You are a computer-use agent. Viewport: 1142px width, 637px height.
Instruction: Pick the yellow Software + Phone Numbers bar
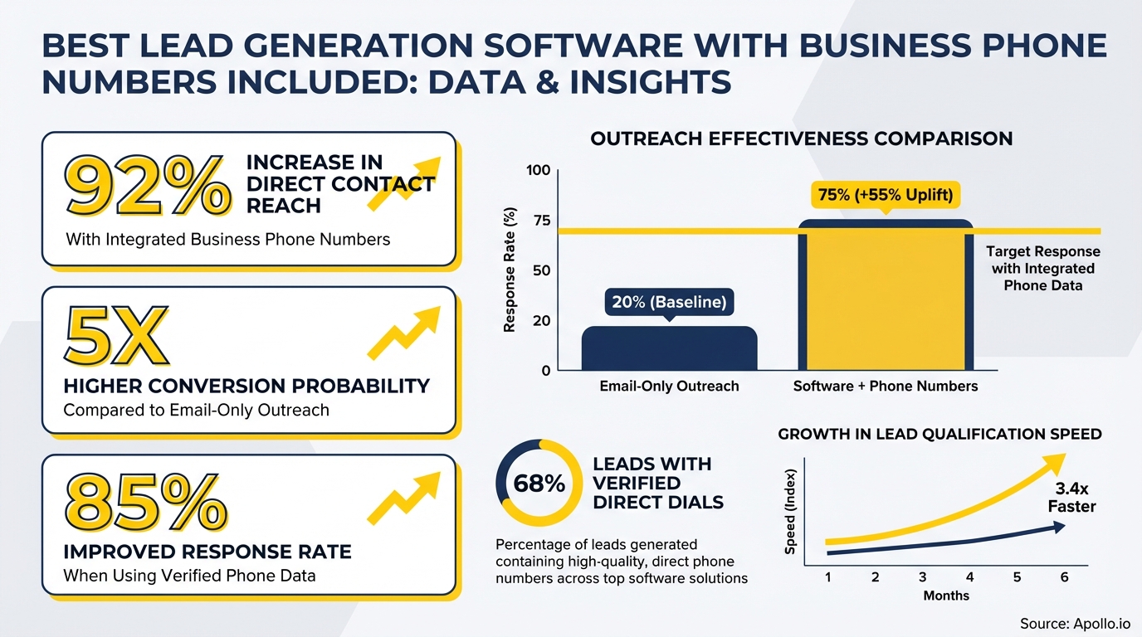885,299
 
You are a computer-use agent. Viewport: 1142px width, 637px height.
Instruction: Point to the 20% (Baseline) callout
669,303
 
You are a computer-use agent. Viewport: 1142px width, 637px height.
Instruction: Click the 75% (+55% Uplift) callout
885,197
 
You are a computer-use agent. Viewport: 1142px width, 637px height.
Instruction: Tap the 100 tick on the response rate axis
538,171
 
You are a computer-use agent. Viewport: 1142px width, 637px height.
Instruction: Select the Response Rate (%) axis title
510,270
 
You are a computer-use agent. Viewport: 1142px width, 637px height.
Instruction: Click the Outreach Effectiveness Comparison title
801,139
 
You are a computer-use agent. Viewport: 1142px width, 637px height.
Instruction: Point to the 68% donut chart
539,484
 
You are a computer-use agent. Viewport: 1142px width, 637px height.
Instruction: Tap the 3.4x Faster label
1072,498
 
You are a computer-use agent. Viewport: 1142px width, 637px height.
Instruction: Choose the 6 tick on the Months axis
1064,576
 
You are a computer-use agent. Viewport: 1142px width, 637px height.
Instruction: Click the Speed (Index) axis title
790,519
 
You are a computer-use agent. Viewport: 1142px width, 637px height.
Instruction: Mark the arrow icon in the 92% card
403,182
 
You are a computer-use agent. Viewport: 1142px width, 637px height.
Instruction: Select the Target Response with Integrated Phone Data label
1042,268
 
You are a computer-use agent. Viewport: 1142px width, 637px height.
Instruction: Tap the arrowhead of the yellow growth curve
1057,461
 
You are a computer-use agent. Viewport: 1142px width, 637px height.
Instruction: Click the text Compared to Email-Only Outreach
197,410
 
